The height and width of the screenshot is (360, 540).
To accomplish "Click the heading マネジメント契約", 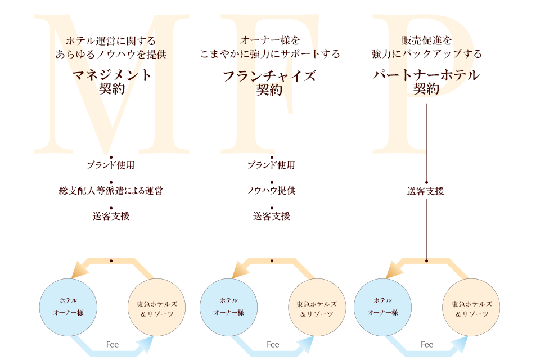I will [111, 82].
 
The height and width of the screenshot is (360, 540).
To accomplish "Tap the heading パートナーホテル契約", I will [426, 82].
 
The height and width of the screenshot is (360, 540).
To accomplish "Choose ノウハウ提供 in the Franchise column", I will [272, 191].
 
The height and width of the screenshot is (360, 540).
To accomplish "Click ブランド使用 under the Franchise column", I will [272, 165].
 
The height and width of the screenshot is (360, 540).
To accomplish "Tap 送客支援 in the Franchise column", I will [272, 216].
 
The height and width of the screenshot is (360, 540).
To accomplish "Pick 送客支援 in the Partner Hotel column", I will [426, 191].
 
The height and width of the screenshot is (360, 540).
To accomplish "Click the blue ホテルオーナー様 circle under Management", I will [68, 307].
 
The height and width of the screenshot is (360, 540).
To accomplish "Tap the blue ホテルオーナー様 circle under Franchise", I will [228, 307].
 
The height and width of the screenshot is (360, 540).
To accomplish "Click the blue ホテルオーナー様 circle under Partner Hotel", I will [382, 307].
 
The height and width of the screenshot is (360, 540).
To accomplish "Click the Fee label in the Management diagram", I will [112, 344].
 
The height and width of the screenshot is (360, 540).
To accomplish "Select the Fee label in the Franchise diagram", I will [273, 344].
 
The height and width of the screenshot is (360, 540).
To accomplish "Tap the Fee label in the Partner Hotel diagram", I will [427, 344].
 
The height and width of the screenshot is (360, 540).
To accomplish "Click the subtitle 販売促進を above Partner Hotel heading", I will [426, 40].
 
